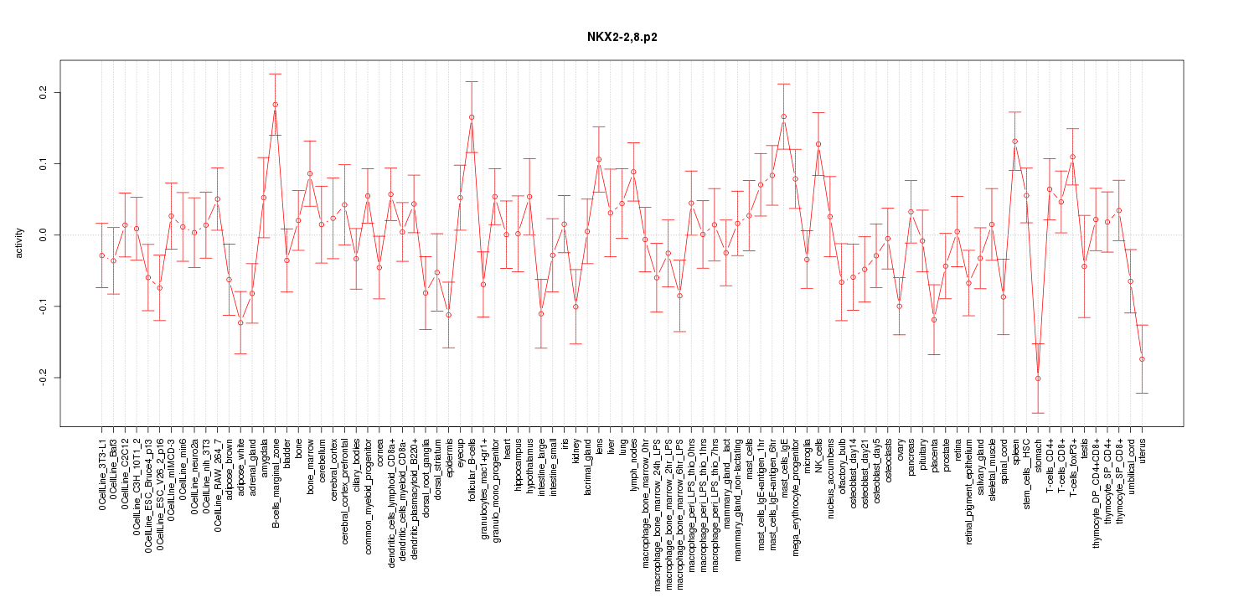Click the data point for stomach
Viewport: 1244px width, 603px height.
(1038, 379)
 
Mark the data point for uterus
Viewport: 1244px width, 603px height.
(1142, 359)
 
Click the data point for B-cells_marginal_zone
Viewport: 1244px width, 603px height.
(275, 105)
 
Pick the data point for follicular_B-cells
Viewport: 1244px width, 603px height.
(472, 117)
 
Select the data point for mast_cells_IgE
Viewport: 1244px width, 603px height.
(783, 116)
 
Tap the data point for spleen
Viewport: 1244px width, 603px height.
(1014, 142)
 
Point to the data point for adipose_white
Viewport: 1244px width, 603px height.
(240, 322)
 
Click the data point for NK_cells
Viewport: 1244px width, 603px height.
(818, 144)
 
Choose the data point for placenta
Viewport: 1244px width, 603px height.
(934, 320)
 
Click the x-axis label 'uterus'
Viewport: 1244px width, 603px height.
(1143, 453)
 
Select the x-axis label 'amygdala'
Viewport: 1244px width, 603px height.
(264, 458)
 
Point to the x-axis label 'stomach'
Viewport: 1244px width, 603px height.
(1039, 456)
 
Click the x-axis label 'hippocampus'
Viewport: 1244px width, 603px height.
(519, 463)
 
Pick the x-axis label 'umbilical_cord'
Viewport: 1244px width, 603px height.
(1131, 467)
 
